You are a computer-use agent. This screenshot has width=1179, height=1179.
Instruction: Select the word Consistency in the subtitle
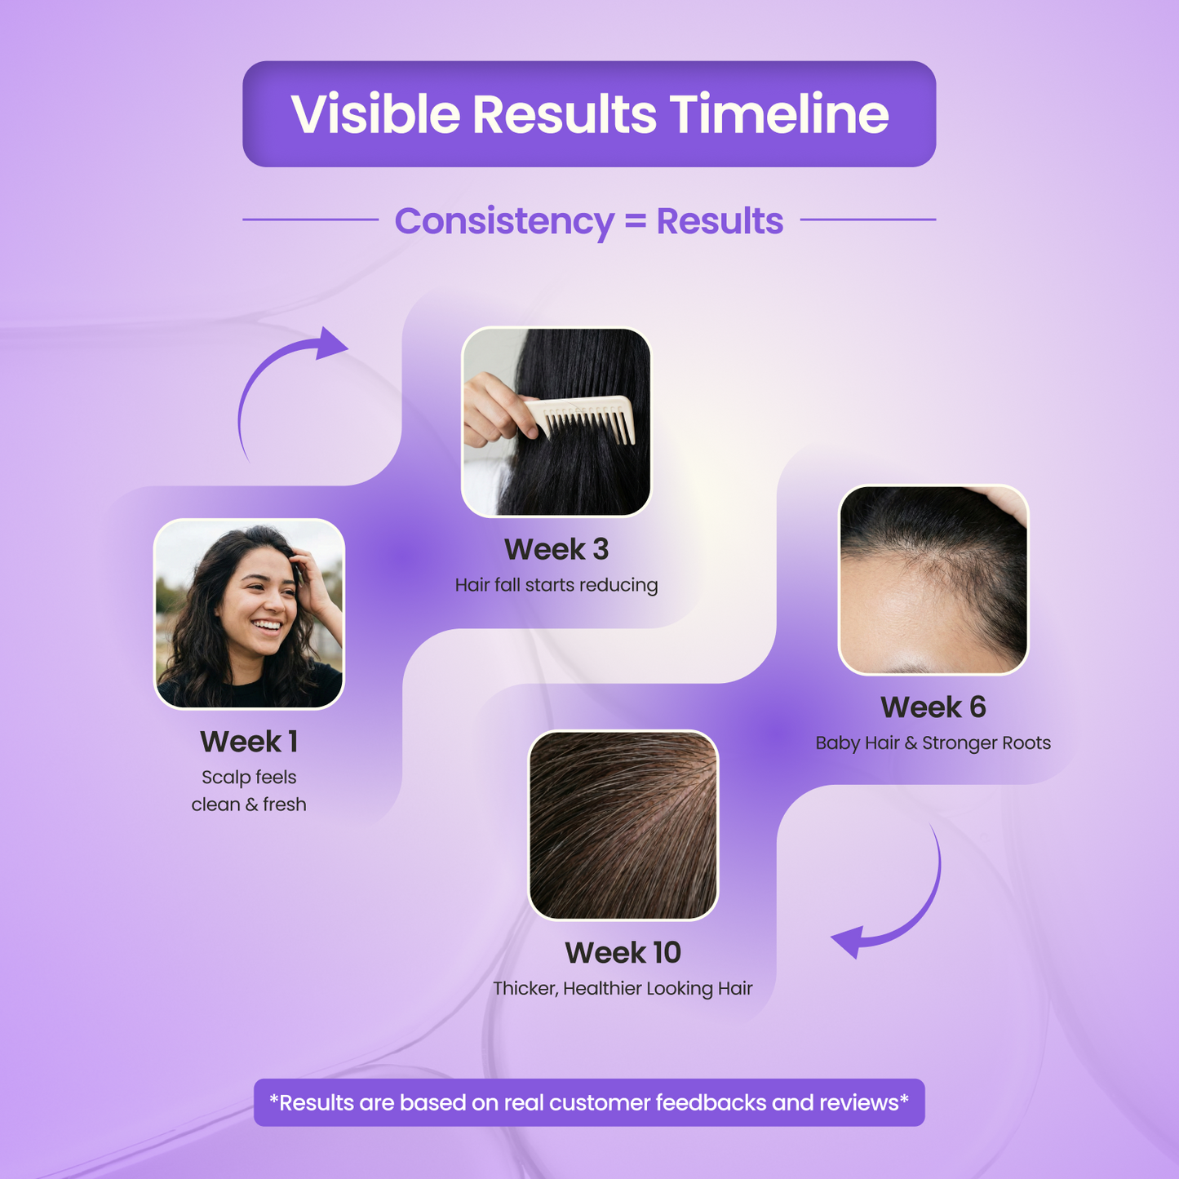[x=504, y=221]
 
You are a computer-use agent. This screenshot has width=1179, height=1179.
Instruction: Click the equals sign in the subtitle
[x=635, y=220]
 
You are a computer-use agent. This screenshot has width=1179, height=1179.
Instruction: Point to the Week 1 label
[x=249, y=742]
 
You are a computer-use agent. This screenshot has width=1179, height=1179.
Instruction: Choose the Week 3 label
[x=556, y=549]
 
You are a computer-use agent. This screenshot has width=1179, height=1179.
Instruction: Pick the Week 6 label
[x=933, y=707]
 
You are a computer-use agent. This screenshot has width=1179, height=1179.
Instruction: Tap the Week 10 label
[x=623, y=953]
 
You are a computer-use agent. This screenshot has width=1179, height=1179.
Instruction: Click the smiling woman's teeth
[x=268, y=625]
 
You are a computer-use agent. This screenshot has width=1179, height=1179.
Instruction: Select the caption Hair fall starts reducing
[x=556, y=586]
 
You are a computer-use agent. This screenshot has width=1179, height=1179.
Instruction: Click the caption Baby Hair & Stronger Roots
[x=933, y=743]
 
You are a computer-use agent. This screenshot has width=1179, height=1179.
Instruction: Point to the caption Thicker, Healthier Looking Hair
[x=623, y=989]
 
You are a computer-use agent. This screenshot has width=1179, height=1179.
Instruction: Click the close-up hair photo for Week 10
[x=623, y=825]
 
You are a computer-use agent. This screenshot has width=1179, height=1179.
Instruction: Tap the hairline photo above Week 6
[x=933, y=579]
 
